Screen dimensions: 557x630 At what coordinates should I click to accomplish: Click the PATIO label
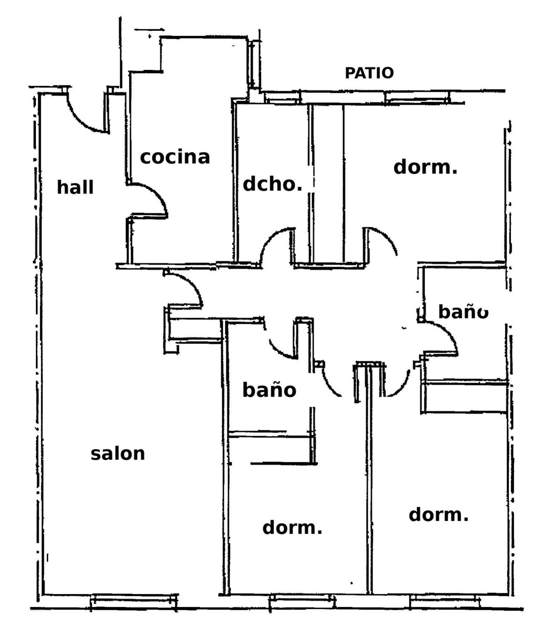coord(369,73)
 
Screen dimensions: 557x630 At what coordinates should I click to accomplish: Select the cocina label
coord(175,157)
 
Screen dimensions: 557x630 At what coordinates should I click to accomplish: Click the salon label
coord(118,454)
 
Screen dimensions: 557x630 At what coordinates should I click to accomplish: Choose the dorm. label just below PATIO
coord(425,167)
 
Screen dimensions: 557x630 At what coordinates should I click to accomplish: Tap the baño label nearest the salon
coord(269,390)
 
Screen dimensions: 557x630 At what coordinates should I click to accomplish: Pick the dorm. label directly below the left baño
coord(292,528)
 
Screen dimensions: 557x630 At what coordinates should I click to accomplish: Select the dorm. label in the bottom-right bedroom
coord(439,515)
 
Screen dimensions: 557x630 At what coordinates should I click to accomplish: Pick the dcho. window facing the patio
coord(283,97)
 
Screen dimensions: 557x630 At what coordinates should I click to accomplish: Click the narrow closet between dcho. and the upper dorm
coord(327,183)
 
